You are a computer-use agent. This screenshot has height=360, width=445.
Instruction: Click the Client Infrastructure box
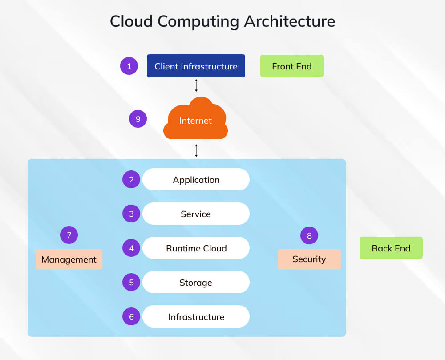point(196,66)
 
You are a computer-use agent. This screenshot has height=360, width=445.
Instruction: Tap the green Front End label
point(291,66)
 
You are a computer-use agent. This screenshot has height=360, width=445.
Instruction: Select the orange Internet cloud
point(196,120)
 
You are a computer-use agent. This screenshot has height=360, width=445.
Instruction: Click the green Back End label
point(391,248)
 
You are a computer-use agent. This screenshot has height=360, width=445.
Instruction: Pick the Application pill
point(196,179)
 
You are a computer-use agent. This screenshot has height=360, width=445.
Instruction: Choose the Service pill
point(196,214)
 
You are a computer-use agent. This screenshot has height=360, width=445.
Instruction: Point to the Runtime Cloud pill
point(196,248)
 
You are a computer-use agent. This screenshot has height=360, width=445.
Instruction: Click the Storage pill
point(196,282)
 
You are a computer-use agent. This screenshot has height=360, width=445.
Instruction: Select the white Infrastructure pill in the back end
point(196,316)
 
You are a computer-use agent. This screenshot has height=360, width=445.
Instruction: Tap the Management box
point(69,259)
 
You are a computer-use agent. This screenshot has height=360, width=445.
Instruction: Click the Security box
point(309,259)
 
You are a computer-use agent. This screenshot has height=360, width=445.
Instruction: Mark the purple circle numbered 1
point(129,66)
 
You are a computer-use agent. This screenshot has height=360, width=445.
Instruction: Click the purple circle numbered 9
point(138,119)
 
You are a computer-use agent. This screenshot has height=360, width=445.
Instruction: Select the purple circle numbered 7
point(69,235)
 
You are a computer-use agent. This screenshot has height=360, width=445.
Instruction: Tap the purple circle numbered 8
point(309,235)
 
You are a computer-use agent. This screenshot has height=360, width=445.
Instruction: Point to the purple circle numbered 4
point(131,248)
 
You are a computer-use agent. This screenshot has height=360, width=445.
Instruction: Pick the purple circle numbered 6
point(131,316)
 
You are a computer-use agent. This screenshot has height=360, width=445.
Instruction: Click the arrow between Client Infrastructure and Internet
point(196,85)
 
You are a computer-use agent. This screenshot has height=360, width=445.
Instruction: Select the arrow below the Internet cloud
point(196,150)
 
